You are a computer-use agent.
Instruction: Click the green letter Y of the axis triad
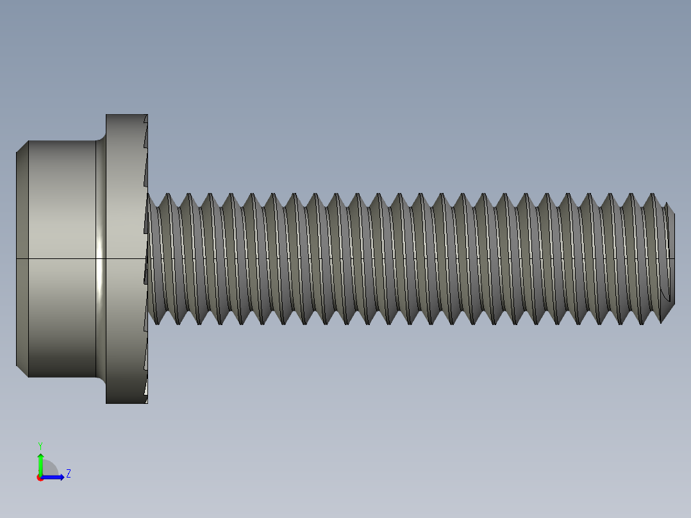(x=40, y=444)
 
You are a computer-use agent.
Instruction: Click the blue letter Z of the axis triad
(x=68, y=474)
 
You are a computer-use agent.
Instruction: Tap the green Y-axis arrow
(x=40, y=463)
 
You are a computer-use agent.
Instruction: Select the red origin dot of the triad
(x=40, y=478)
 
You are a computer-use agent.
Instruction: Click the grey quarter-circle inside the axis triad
(x=49, y=470)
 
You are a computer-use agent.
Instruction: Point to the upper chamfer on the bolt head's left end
(x=22, y=147)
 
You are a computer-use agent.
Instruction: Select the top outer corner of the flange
(x=107, y=115)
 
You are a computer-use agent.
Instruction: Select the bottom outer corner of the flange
(x=107, y=402)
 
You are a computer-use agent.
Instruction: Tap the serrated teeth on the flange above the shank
(x=146, y=154)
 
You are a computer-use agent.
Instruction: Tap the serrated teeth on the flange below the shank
(x=146, y=365)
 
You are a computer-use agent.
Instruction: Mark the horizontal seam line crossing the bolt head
(x=58, y=258)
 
